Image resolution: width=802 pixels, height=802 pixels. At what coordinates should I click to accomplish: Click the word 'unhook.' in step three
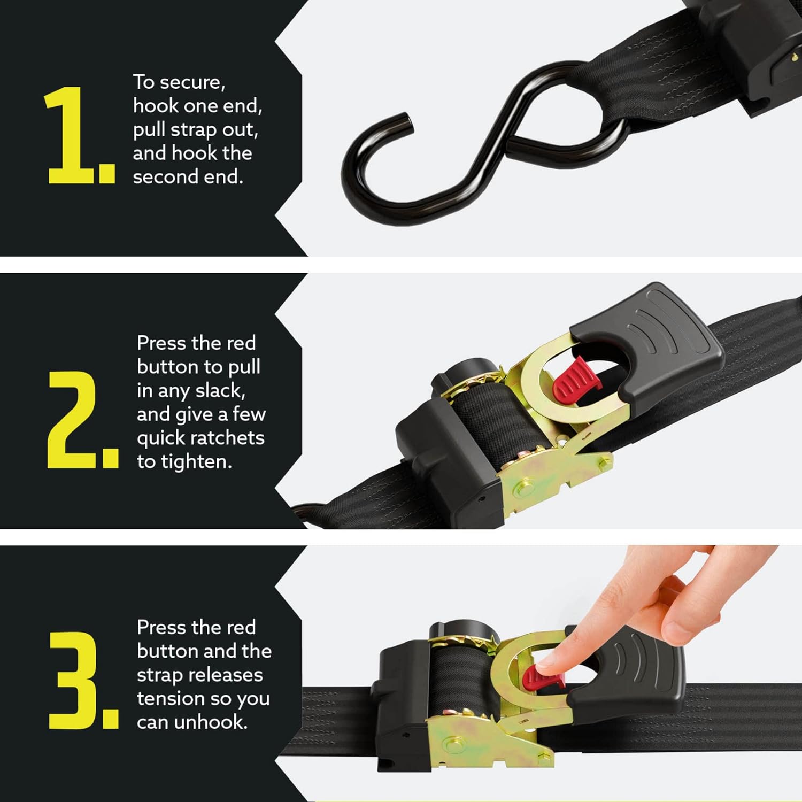point(211,722)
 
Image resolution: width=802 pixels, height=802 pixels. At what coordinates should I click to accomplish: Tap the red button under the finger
point(537,678)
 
